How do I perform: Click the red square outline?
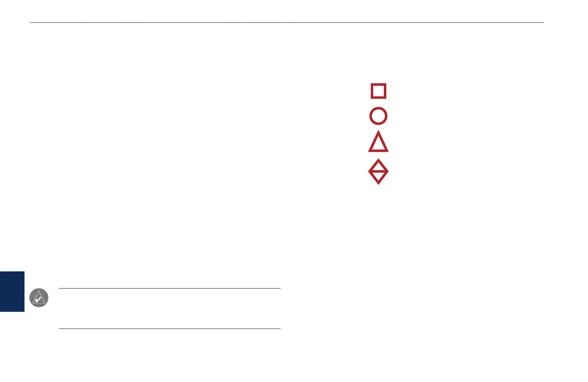(379, 91)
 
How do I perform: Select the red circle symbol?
(378, 116)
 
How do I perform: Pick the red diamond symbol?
(378, 171)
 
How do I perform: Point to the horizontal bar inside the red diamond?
(378, 171)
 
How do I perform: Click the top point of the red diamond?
(379, 160)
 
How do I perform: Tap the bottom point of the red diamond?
(379, 184)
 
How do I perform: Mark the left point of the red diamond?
(369, 171)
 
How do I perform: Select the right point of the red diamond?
(388, 171)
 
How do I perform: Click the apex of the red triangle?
(379, 132)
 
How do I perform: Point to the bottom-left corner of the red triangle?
(369, 151)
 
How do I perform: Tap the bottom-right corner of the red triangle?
(388, 151)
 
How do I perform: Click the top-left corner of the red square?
(372, 84)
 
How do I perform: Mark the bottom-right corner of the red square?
(385, 98)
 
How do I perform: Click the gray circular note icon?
(39, 298)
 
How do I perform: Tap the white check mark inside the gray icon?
(38, 300)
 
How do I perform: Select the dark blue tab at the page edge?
(12, 291)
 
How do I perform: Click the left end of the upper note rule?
(59, 289)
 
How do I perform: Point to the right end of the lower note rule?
(280, 329)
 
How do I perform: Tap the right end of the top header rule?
(543, 22)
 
